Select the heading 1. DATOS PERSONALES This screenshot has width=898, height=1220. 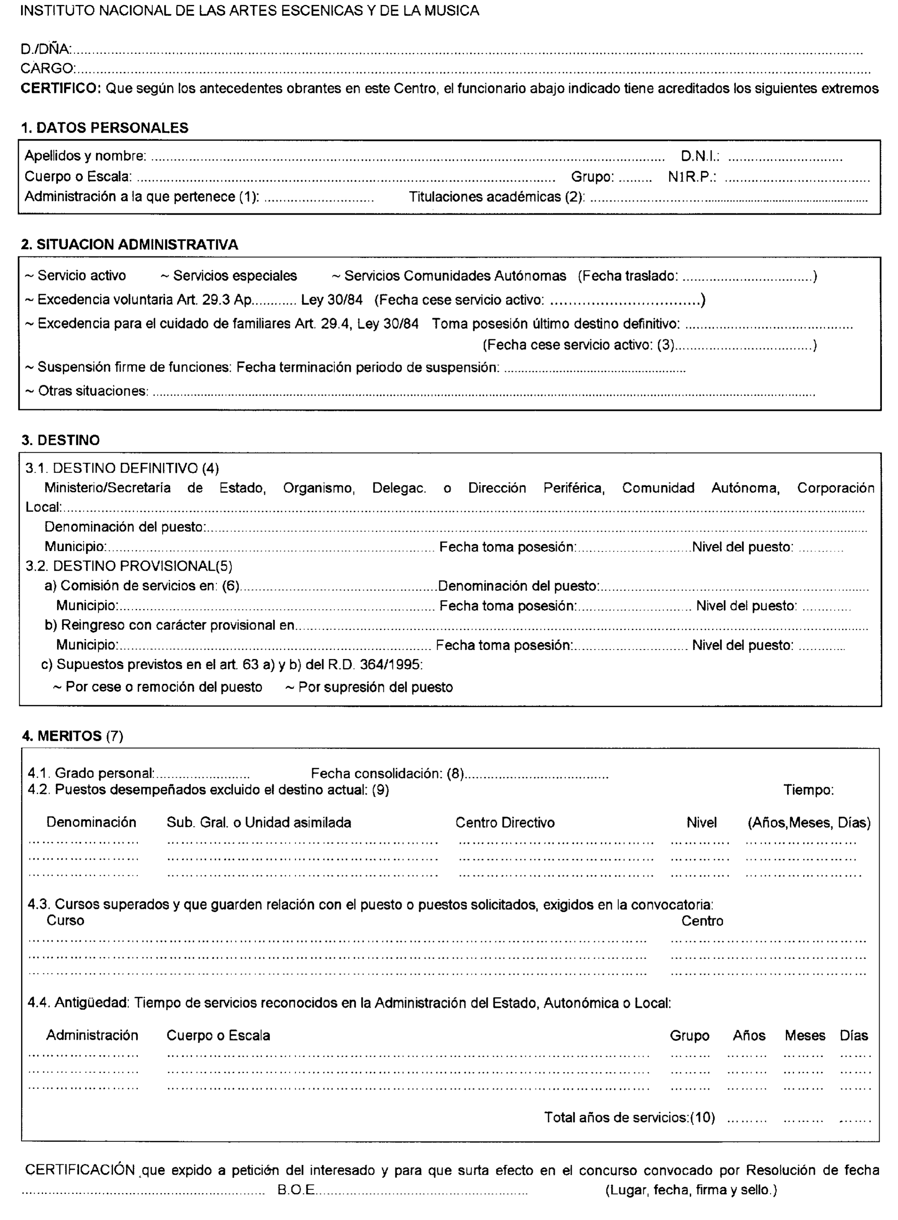click(104, 128)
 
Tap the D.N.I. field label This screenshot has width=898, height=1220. click(700, 157)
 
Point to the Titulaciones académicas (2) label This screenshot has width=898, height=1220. click(496, 197)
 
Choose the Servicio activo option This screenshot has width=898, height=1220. click(81, 276)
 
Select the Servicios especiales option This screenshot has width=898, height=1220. click(234, 276)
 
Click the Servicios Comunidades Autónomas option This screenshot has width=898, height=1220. click(454, 276)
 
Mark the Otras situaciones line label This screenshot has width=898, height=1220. click(92, 391)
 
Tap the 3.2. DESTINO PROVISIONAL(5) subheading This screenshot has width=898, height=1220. click(129, 566)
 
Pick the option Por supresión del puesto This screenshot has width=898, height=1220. click(375, 687)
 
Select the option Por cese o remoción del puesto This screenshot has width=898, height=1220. click(163, 687)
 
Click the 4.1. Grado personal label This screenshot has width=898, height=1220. click(91, 773)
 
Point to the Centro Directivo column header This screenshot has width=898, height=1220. click(505, 823)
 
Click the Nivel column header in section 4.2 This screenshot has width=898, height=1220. click(701, 823)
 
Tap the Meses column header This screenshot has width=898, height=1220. click(805, 1035)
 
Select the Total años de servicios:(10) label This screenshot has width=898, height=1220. click(629, 1117)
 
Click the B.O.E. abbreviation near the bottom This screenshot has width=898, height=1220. click(296, 1189)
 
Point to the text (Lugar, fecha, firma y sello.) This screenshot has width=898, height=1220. click(691, 1189)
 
